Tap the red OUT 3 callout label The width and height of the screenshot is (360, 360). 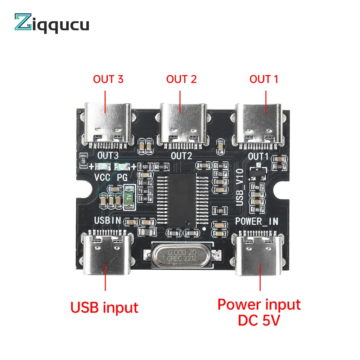point(108,79)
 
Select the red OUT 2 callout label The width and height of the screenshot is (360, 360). point(181,79)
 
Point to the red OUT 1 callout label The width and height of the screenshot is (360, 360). point(264,79)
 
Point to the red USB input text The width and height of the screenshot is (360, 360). point(104,307)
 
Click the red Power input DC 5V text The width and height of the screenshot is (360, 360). point(259,312)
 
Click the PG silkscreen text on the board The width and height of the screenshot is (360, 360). point(123,177)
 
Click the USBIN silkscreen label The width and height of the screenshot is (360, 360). point(108,220)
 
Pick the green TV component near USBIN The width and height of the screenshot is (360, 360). point(129,197)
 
